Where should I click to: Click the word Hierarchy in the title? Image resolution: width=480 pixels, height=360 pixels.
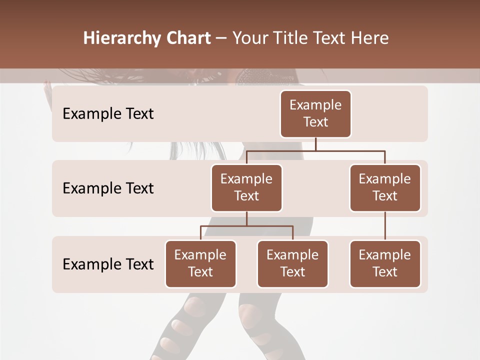(115, 38)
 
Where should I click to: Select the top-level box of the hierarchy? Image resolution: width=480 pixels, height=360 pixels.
(315, 114)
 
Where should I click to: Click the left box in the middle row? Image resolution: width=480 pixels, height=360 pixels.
(246, 188)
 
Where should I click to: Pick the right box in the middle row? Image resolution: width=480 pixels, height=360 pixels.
(385, 188)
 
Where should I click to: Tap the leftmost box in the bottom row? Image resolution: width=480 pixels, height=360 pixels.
(200, 264)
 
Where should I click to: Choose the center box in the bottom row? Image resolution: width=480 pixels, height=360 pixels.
(292, 264)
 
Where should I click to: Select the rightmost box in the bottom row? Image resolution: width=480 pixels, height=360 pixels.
(385, 264)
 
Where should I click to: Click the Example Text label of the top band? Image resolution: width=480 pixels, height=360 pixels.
(108, 114)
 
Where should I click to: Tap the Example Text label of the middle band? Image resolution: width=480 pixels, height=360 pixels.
(108, 188)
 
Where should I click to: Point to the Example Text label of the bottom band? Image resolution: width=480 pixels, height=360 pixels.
(108, 264)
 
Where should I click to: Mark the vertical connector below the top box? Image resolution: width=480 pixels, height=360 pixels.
(315, 144)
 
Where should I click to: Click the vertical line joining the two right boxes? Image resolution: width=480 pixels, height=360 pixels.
(385, 226)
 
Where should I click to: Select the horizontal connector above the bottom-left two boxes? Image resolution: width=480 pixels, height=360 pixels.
(246, 226)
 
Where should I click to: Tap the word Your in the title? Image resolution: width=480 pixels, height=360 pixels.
(249, 38)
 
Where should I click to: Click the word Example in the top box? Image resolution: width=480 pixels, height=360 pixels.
(315, 105)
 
